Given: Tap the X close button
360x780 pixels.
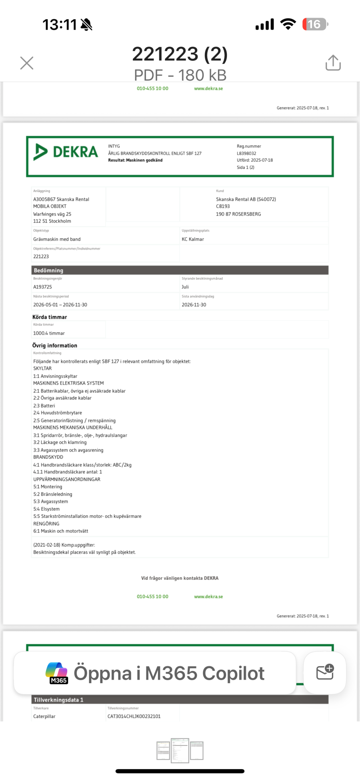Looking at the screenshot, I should [x=27, y=63].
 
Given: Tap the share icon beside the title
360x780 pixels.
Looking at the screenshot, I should [x=333, y=63].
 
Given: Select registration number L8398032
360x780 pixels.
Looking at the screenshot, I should [x=246, y=153].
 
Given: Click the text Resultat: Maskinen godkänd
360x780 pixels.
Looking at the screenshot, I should [x=135, y=160].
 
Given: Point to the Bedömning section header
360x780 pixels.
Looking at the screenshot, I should [x=48, y=270].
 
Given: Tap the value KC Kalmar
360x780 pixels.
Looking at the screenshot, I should [x=193, y=239].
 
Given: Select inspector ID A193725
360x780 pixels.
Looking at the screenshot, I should [x=42, y=287].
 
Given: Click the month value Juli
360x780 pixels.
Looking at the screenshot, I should [x=185, y=287].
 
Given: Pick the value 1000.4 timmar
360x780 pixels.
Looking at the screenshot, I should [x=49, y=333].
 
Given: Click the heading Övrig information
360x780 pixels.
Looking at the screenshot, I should [x=55, y=345].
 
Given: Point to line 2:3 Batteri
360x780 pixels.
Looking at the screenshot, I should [x=44, y=405].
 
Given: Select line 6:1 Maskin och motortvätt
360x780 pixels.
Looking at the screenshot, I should [x=60, y=531].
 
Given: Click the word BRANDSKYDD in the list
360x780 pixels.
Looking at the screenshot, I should [x=48, y=457].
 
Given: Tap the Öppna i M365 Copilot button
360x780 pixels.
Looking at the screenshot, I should [x=155, y=673].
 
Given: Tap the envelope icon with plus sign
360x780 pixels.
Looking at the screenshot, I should [x=325, y=672].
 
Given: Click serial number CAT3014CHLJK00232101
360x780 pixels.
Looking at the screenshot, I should [x=134, y=716].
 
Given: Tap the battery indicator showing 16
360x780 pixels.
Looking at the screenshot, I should [x=315, y=24].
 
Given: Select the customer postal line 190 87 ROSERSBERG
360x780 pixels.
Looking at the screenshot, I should [x=238, y=214].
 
